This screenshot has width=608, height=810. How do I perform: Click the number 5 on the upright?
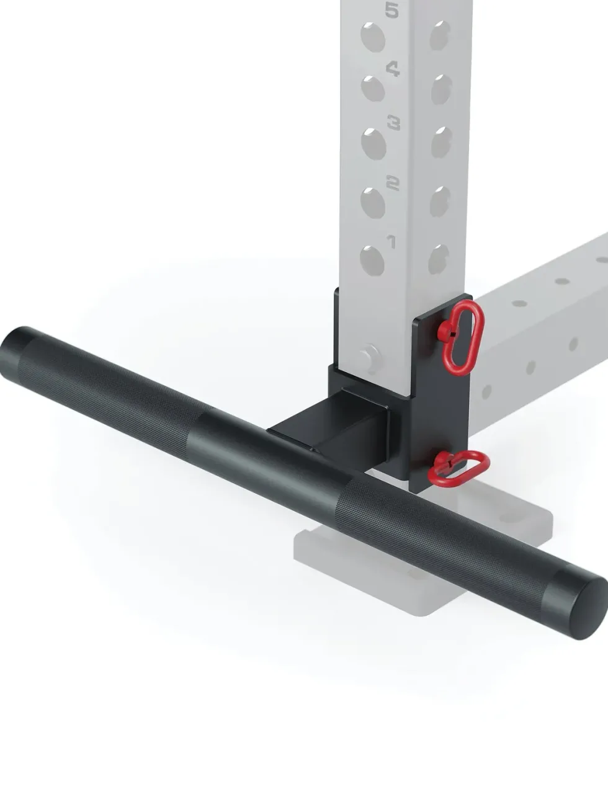(x=391, y=11)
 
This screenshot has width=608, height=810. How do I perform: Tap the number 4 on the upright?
(x=393, y=69)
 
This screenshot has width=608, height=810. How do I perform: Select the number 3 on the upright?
(x=394, y=123)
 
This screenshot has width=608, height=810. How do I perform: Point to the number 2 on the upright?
(x=393, y=183)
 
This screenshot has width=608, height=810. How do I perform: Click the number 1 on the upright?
(x=391, y=242)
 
